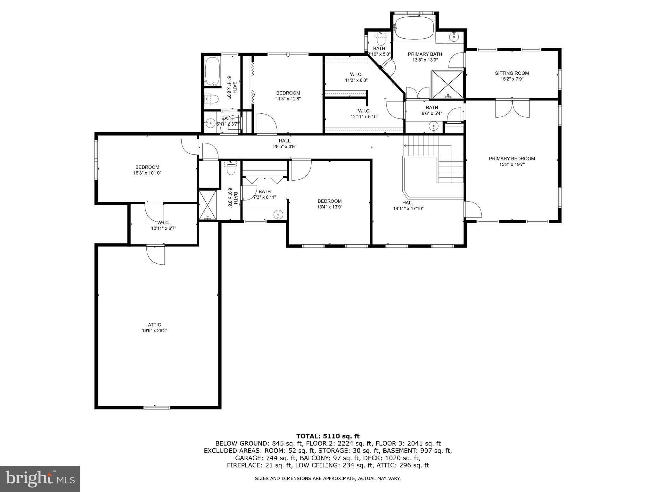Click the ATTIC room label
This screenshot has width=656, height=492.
(154, 325)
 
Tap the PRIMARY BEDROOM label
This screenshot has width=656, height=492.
(512, 159)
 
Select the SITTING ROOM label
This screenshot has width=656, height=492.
(512, 73)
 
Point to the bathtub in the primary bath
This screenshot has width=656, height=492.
(414, 28)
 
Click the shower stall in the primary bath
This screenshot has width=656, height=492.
(448, 84)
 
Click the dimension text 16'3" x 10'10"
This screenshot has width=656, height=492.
(147, 173)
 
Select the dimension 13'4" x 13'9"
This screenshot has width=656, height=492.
(330, 207)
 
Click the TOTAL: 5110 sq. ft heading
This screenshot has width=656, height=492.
(328, 436)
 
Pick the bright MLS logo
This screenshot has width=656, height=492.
(40, 479)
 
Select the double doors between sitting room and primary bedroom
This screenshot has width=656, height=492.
(512, 109)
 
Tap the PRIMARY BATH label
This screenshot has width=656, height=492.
(425, 54)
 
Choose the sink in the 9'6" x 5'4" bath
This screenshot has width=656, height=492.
(433, 127)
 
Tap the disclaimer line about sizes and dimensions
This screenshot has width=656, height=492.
(328, 479)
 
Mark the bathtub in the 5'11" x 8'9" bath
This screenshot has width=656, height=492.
(212, 71)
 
